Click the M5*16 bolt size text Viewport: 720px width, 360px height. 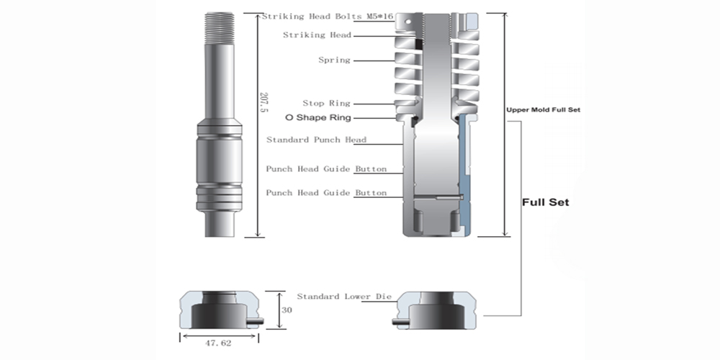click(x=380, y=17)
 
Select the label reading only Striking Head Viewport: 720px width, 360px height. click(x=317, y=35)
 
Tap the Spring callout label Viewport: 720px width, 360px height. click(x=334, y=60)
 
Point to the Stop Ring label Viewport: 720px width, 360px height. click(x=326, y=103)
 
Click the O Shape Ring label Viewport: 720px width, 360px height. click(x=318, y=117)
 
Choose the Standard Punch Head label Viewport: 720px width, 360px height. click(x=316, y=140)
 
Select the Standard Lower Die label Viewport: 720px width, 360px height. click(x=344, y=297)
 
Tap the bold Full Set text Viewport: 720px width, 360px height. click(x=546, y=202)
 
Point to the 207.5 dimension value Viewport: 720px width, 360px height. click(x=264, y=103)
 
